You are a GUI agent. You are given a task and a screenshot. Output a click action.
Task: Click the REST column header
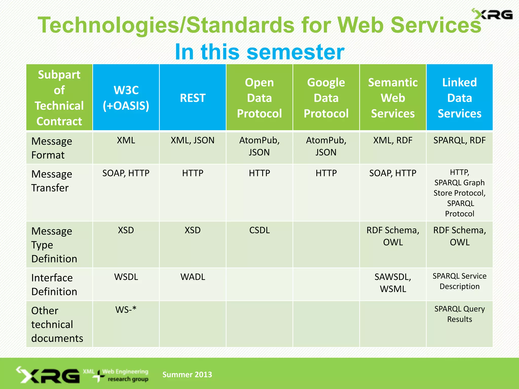[x=193, y=98]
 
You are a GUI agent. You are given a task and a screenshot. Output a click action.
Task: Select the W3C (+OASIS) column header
[x=126, y=98]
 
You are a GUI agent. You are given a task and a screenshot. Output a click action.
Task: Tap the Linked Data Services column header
[x=459, y=98]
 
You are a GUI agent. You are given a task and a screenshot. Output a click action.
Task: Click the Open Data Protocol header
[x=259, y=98]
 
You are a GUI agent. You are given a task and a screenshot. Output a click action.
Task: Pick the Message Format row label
[x=52, y=148]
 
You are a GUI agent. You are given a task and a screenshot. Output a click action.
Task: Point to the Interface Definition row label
[x=54, y=284]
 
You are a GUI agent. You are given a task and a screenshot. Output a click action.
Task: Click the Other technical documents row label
[x=57, y=324]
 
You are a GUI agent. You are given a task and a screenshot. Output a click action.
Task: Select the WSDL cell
[x=126, y=277]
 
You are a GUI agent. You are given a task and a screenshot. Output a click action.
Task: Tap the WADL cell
[x=193, y=277]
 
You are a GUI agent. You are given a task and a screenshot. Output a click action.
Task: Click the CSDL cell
[x=259, y=230]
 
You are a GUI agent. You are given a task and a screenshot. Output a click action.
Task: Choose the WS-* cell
[x=126, y=310]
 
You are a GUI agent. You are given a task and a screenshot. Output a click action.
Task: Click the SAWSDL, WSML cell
[x=393, y=283]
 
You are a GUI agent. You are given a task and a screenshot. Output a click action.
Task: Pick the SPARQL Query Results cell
[x=459, y=314]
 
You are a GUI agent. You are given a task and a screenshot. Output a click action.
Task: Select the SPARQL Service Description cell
[x=459, y=281]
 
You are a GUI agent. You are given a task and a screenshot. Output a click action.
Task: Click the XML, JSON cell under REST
[x=193, y=140]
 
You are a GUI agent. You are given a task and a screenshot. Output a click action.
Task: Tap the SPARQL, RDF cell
[x=459, y=140]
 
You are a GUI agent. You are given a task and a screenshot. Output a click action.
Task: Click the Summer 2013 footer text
[x=187, y=374]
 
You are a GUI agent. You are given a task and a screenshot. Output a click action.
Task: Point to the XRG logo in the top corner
[x=492, y=14]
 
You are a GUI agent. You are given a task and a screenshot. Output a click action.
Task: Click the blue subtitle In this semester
[x=259, y=52]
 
